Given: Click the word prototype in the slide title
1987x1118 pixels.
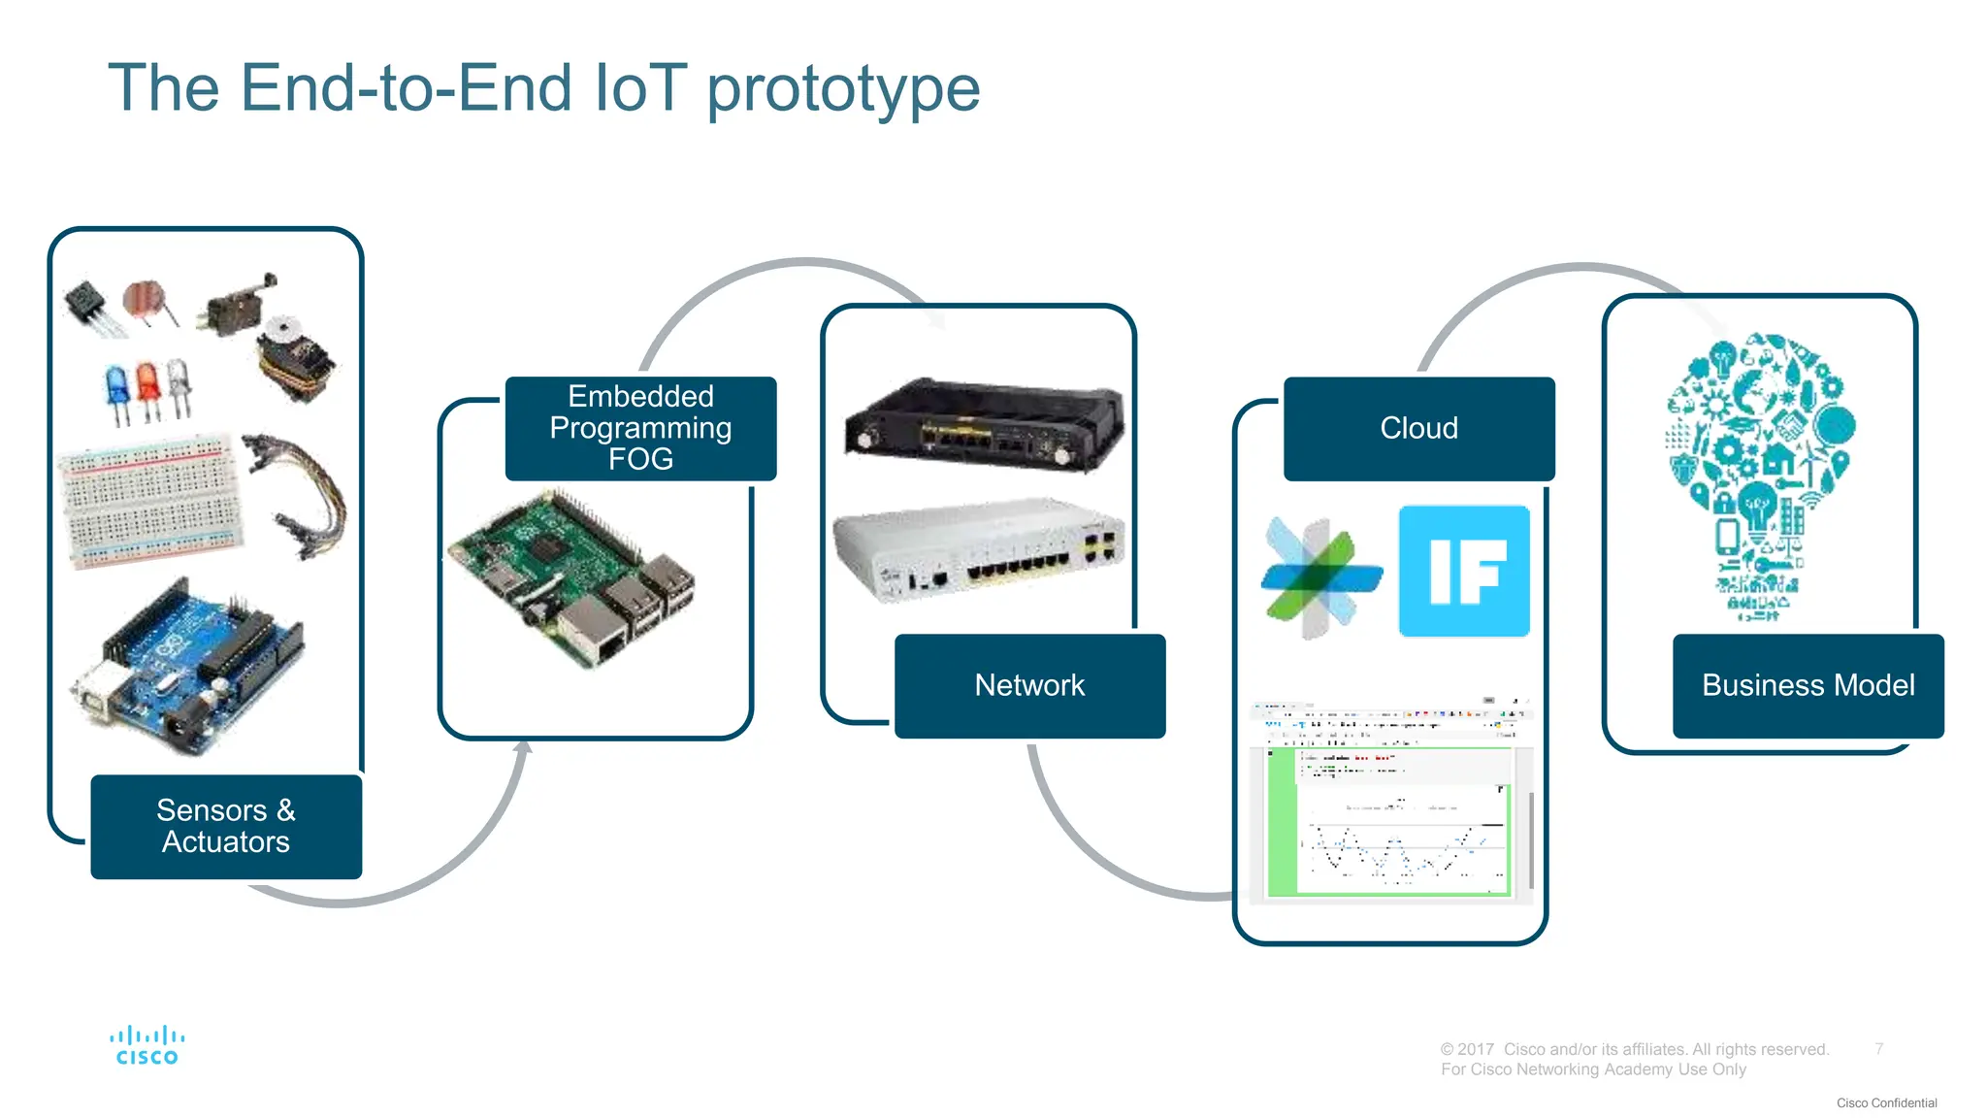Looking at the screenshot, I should pos(842,90).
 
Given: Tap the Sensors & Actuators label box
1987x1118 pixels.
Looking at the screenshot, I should pos(226,826).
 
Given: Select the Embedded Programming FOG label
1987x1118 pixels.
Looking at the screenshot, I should pos(640,428).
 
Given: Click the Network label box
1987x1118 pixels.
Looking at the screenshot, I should pos(1029,685).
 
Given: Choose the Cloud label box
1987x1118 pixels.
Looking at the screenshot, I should pos(1418,428).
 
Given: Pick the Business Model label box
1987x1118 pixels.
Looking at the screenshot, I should pos(1808,685).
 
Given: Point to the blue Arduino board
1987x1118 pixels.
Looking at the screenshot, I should pos(189,670).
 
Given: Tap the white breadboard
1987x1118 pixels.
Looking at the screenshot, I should pos(150,500).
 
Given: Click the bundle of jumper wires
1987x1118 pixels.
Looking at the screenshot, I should pos(301,495).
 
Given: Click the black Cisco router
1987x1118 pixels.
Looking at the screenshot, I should pos(982,425).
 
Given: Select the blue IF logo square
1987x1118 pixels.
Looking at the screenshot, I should pos(1463,571).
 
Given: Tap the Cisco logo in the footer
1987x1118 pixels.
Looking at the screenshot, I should pos(147,1045).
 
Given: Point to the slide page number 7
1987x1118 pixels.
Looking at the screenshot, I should pos(1878,1048).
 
